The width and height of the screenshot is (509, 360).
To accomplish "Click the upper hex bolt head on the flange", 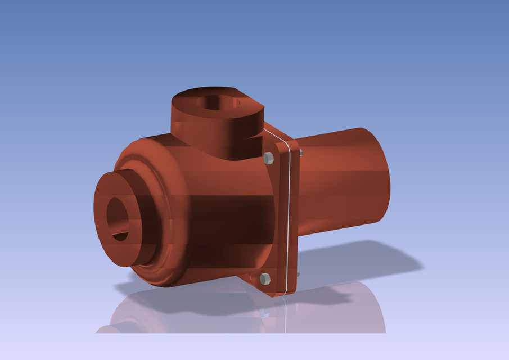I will click(268, 158).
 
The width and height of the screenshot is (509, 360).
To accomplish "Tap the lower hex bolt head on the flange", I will click(265, 278).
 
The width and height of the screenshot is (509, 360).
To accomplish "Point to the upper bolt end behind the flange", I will click(300, 152).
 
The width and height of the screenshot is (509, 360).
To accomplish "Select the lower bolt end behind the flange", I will click(297, 274).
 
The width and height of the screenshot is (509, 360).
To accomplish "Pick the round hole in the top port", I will click(217, 102).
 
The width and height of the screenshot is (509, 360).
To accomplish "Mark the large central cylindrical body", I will click(225, 219).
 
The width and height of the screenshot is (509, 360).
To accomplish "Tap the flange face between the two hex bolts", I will click(276, 219).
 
